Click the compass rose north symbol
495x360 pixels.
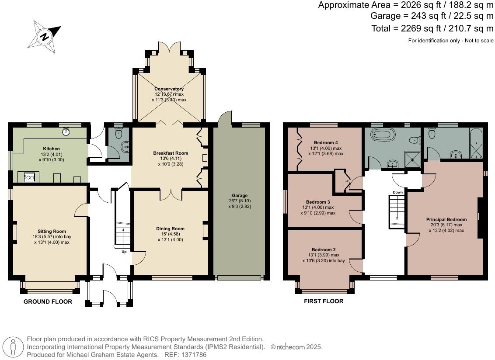pyautogui.click(x=44, y=37)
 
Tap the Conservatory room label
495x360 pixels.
pyautogui.click(x=169, y=89)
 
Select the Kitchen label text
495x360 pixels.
pyautogui.click(x=51, y=149)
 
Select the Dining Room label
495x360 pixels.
pyautogui.click(x=170, y=228)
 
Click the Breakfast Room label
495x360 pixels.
pyautogui.click(x=171, y=153)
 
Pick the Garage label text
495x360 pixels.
pyautogui.click(x=240, y=195)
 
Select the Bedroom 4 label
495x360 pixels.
pyautogui.click(x=326, y=142)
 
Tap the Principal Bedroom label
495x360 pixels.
pyautogui.click(x=446, y=219)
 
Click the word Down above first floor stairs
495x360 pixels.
pyautogui.click(x=397, y=192)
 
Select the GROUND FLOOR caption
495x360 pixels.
pyautogui.click(x=48, y=301)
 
